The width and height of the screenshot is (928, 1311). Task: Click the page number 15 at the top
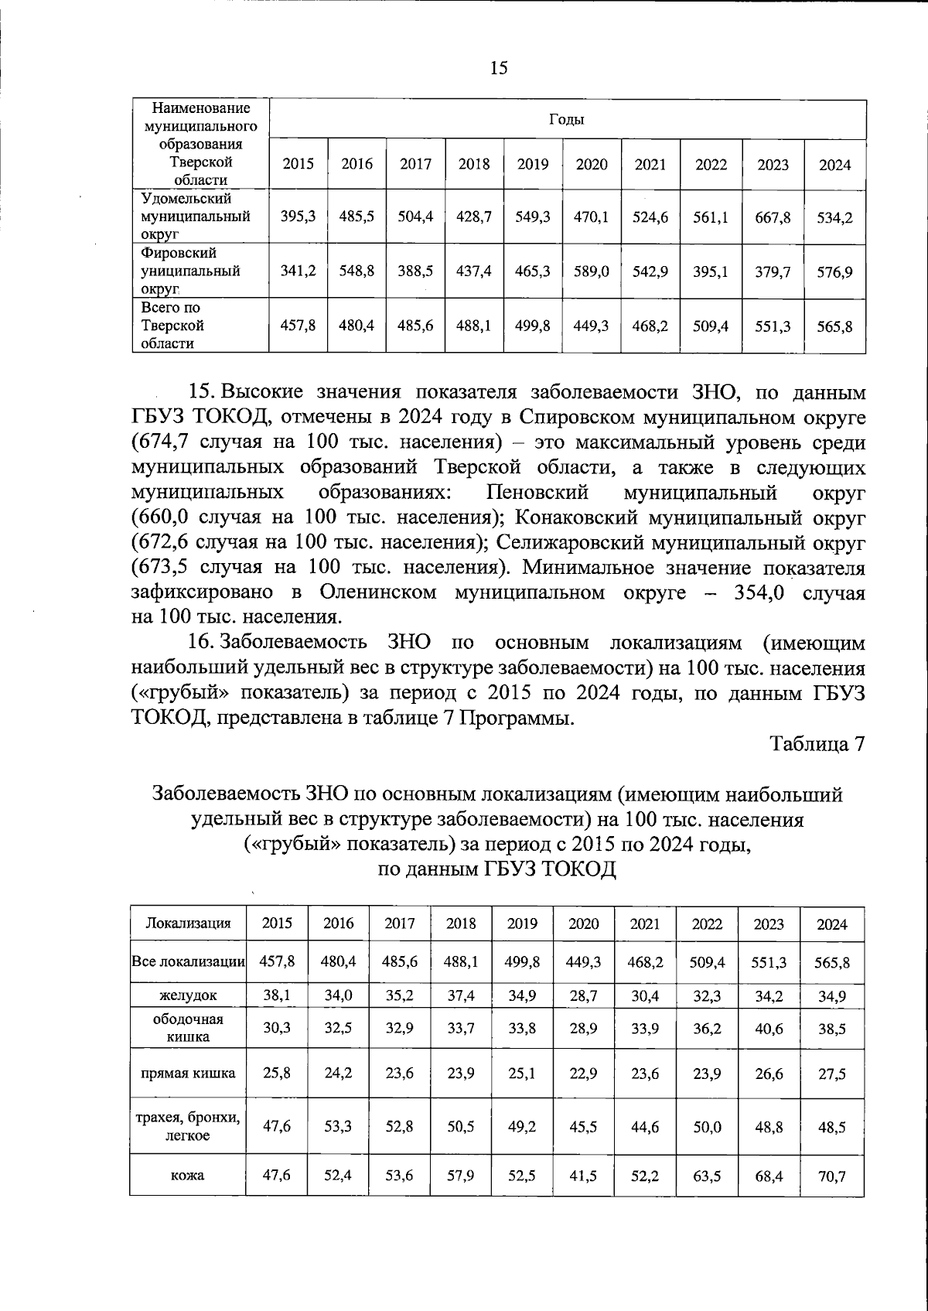pos(499,68)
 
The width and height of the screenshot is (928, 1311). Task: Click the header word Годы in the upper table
pos(567,119)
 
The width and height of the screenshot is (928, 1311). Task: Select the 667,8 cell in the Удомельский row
pos(773,217)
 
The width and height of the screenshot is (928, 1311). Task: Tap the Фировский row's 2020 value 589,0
pos(591,271)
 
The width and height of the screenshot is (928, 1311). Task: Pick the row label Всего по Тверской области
pos(172,326)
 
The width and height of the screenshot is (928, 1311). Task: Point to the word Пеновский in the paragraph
pos(538,492)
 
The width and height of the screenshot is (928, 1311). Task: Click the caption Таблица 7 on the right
pos(816,743)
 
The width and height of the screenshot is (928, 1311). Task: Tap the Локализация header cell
pos(189,923)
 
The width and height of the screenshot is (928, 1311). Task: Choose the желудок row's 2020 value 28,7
pos(583,995)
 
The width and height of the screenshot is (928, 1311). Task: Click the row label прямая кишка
pos(189,1073)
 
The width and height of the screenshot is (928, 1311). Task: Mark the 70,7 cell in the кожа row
pos(831,1176)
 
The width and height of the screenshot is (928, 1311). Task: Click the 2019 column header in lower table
pos(522,923)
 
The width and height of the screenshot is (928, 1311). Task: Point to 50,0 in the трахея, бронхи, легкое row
pos(707,1127)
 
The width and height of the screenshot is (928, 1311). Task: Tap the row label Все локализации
pos(189,962)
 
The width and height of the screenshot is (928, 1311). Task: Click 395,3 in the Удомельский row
pos(298,217)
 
